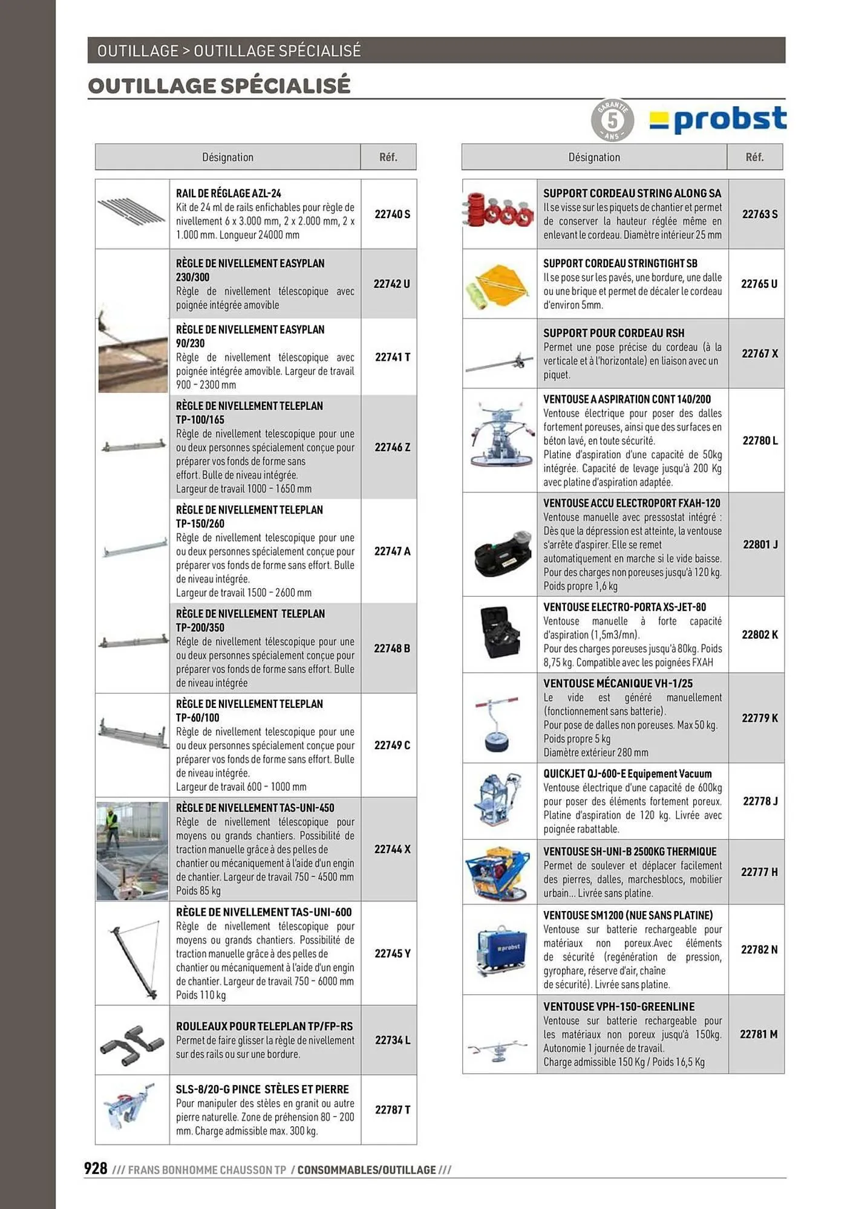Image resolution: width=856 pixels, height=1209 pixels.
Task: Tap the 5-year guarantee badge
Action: tap(612, 121)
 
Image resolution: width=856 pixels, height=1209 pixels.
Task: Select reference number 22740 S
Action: tap(392, 214)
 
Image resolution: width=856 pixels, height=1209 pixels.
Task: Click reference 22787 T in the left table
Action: tap(392, 1110)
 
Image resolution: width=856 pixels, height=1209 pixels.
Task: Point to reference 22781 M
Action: tap(759, 1034)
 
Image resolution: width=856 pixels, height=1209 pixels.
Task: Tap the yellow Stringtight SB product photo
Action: tap(498, 284)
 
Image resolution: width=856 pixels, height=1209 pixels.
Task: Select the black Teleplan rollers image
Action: tap(132, 1040)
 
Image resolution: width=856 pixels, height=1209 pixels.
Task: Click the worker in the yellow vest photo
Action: tap(111, 826)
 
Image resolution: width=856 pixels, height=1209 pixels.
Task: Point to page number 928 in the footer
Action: tap(96, 1168)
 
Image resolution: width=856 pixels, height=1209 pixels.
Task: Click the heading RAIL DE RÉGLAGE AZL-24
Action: tap(228, 193)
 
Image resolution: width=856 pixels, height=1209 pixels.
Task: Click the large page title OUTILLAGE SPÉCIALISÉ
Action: tap(219, 86)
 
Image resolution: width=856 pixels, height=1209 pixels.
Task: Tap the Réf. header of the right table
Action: tap(754, 157)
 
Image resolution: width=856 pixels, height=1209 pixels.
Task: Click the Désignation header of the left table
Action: tap(227, 157)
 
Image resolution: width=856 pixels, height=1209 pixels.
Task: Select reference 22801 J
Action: tap(760, 545)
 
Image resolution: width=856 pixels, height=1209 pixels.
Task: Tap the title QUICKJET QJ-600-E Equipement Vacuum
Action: tap(627, 774)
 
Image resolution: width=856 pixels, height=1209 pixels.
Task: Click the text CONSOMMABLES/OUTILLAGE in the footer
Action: tap(366, 1170)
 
